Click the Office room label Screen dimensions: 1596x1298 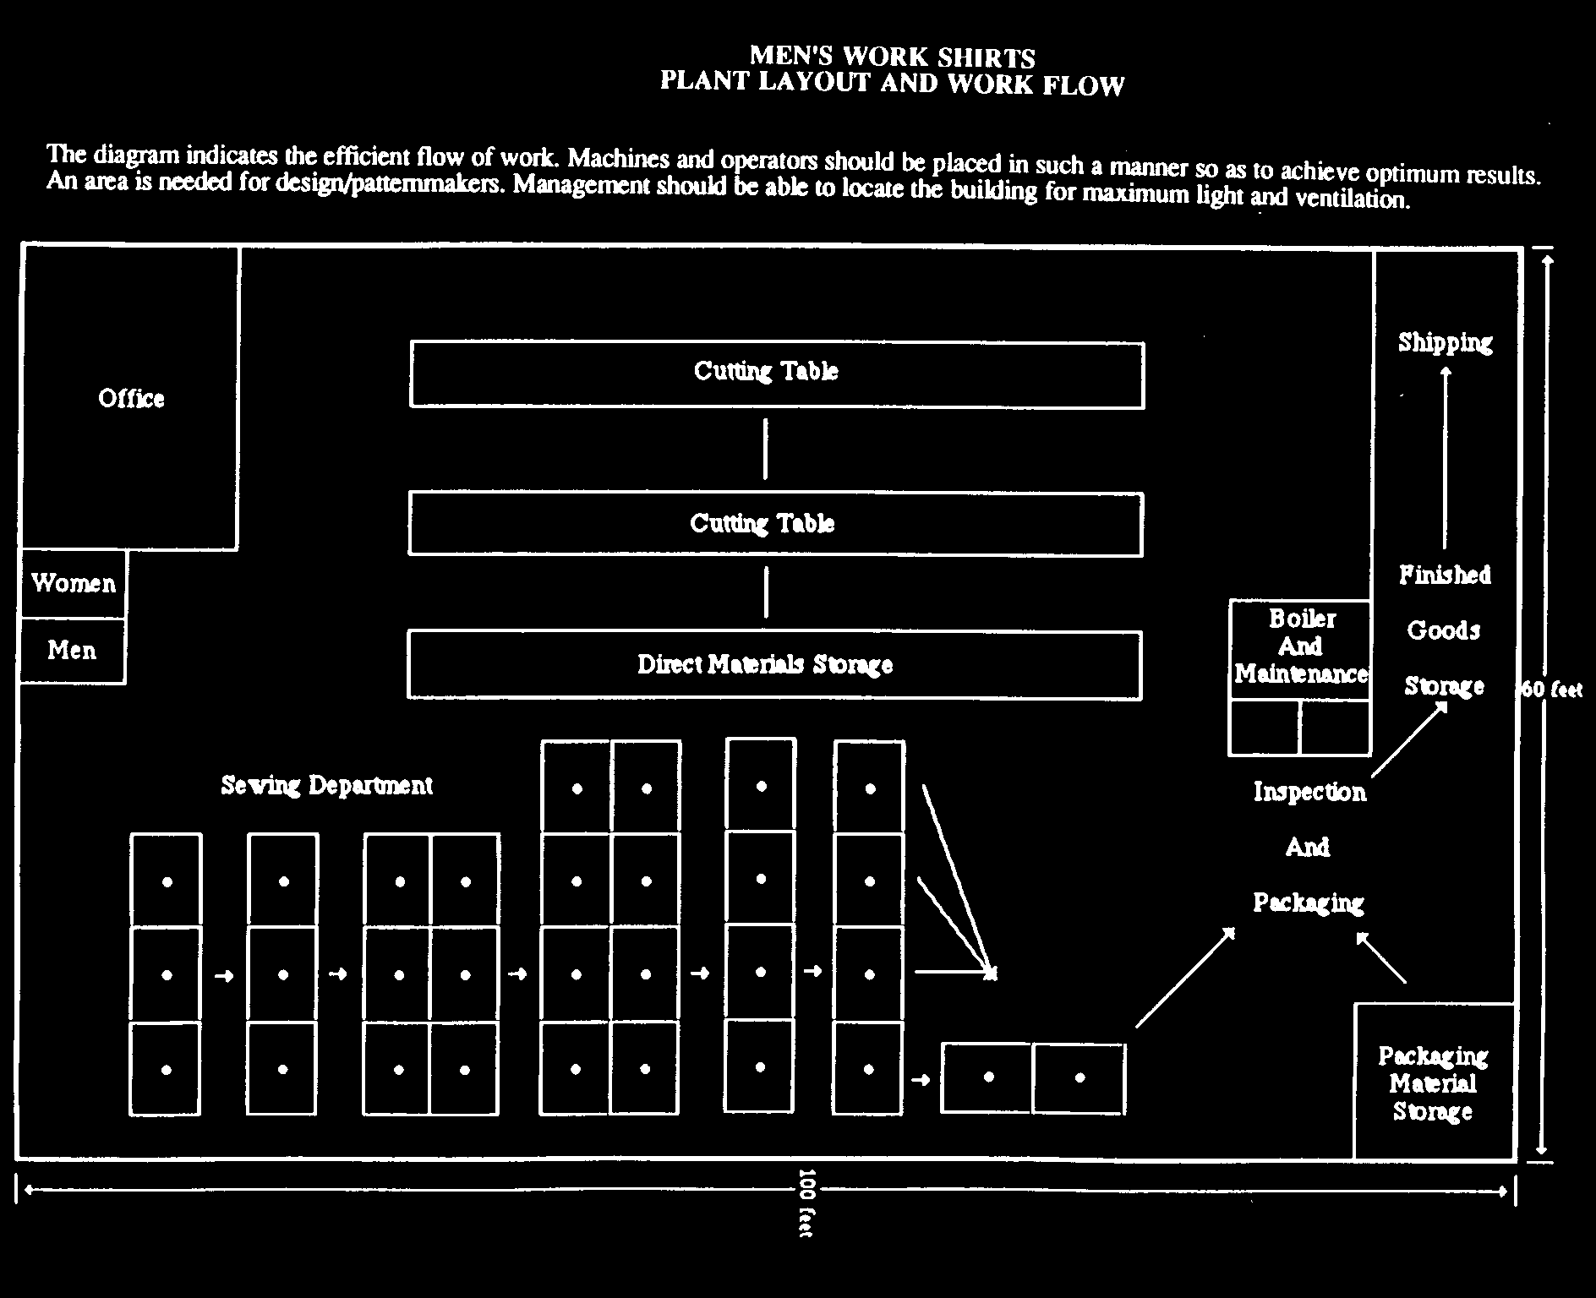pyautogui.click(x=131, y=398)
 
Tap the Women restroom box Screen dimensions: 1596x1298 pyautogui.click(x=74, y=584)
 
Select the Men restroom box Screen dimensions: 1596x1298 pyautogui.click(x=73, y=651)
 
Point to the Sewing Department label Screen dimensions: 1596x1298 pyautogui.click(x=327, y=786)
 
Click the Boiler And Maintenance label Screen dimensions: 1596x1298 pyautogui.click(x=1301, y=646)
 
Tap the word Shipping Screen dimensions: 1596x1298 pyautogui.click(x=1445, y=342)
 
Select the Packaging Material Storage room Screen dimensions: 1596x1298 pyautogui.click(x=1434, y=1082)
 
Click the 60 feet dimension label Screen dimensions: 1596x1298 pyautogui.click(x=1552, y=689)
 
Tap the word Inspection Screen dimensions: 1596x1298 pyautogui.click(x=1309, y=792)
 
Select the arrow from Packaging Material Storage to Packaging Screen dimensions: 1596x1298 pyautogui.click(x=1381, y=957)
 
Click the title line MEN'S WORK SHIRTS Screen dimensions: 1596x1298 pyautogui.click(x=893, y=57)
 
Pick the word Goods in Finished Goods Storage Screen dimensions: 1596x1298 pyautogui.click(x=1444, y=630)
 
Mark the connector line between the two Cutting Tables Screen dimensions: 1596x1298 pyautogui.click(x=766, y=449)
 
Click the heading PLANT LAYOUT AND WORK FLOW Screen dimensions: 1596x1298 pyautogui.click(x=893, y=83)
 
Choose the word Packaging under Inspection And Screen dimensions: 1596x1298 pyautogui.click(x=1309, y=903)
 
